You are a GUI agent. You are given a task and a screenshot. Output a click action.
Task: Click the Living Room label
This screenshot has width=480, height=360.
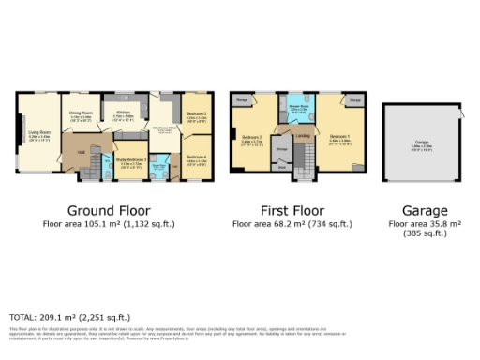[39, 133]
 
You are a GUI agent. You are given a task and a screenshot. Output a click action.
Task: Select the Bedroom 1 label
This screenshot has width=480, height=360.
[338, 137]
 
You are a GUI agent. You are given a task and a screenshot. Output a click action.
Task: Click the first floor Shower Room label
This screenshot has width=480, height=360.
[300, 107]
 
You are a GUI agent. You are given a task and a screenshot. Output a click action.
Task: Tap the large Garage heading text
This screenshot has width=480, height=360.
[425, 211]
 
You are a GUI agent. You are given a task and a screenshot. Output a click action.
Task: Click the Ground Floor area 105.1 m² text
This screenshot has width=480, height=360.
[109, 225]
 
